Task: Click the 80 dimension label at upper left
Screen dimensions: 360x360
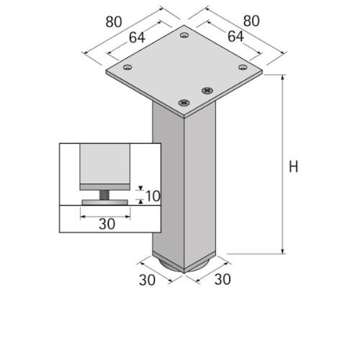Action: click(113, 21)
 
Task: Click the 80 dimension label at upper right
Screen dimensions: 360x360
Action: click(250, 21)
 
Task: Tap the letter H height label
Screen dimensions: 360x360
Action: click(293, 166)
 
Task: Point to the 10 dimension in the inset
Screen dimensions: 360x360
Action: click(152, 196)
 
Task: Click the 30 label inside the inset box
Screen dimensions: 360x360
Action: click(107, 224)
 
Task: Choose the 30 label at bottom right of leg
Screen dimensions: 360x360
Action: click(222, 279)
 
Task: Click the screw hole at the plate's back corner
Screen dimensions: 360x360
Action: click(184, 35)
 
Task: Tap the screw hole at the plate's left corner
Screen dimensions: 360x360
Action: click(127, 68)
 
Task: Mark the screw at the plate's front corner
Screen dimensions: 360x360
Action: click(184, 103)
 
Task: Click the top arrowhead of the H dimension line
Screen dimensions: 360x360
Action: click(282, 78)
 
